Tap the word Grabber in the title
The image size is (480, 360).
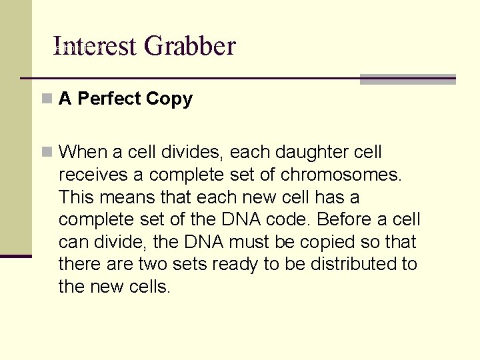189,46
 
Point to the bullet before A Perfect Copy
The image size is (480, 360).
46,99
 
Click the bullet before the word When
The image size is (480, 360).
46,152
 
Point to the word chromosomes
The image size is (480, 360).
343,175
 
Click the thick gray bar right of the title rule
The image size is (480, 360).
408,79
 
